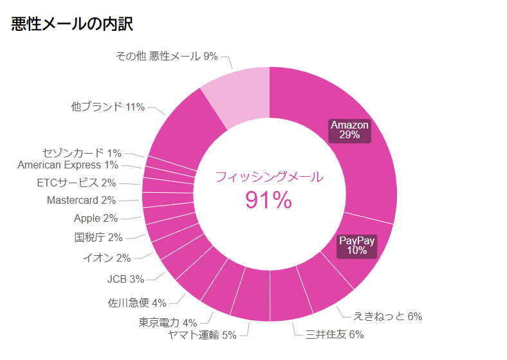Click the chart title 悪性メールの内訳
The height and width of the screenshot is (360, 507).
[72, 24]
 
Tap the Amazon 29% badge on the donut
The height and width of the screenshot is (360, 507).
[349, 130]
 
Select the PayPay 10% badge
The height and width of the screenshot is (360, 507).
[357, 246]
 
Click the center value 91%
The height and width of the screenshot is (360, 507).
[268, 201]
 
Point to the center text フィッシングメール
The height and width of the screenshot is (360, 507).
[269, 177]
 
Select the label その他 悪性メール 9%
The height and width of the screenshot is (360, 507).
[167, 57]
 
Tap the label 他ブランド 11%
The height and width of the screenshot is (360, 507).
[107, 107]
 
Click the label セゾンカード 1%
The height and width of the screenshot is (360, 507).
[82, 153]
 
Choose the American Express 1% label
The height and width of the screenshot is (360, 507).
[68, 165]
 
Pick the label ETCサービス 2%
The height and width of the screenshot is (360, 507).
[77, 183]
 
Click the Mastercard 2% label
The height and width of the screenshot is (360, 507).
[81, 201]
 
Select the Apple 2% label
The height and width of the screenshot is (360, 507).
[96, 219]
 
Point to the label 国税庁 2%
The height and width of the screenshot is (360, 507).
[98, 237]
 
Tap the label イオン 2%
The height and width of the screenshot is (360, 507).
[106, 258]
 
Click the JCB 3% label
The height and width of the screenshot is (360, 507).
[125, 279]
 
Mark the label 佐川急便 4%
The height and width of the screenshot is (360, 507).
[137, 302]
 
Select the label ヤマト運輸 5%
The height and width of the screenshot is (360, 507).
[202, 334]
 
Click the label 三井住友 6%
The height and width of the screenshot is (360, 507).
[335, 334]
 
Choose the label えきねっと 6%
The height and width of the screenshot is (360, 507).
[387, 316]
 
